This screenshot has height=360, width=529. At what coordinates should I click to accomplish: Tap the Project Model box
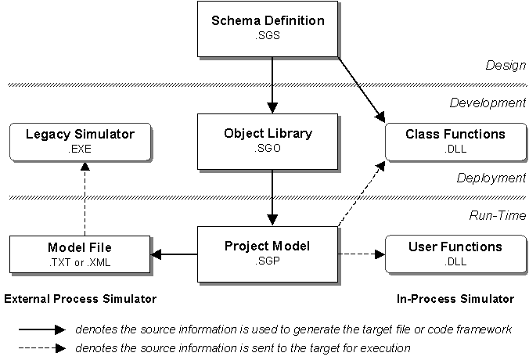pyautogui.click(x=268, y=254)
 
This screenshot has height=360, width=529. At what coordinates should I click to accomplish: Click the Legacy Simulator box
pyautogui.click(x=81, y=141)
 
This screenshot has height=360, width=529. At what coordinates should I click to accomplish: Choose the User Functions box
pyautogui.click(x=455, y=254)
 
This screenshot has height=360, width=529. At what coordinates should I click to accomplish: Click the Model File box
pyautogui.click(x=79, y=254)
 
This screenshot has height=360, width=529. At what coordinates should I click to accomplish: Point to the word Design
pyautogui.click(x=507, y=66)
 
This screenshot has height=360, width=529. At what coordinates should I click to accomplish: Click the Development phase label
pyautogui.click(x=488, y=103)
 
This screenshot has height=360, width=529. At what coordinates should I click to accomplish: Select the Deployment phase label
pyautogui.click(x=491, y=178)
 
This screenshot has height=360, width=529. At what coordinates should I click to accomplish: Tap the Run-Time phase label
pyautogui.click(x=498, y=215)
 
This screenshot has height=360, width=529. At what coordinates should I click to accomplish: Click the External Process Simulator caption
pyautogui.click(x=81, y=299)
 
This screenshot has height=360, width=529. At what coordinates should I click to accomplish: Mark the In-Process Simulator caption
pyautogui.click(x=455, y=299)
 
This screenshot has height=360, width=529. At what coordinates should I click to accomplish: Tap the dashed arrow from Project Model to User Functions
pyautogui.click(x=361, y=254)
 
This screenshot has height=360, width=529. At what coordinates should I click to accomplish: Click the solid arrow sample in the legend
pyautogui.click(x=35, y=329)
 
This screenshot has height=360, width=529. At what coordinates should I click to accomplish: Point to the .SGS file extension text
pyautogui.click(x=268, y=35)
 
